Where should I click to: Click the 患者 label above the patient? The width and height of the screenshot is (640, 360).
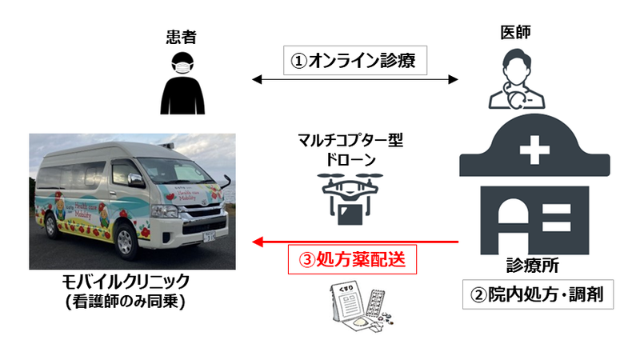coord(183,36)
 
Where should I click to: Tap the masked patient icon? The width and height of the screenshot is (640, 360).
coord(183,83)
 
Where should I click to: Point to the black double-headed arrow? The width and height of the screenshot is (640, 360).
coord(355,79)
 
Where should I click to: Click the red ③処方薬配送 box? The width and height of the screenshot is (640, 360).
coord(353,261)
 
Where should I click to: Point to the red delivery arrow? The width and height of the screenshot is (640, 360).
coord(355,241)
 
